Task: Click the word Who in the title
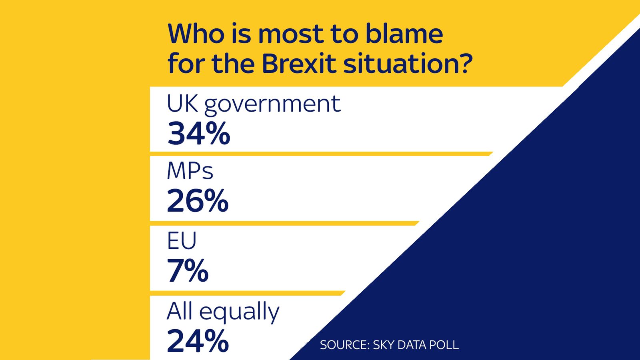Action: click(x=196, y=34)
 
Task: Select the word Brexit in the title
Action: click(x=299, y=64)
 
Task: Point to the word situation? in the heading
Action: click(x=408, y=64)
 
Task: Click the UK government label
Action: click(x=253, y=104)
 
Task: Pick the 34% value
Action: click(x=199, y=134)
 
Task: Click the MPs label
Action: click(x=190, y=171)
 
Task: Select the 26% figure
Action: click(x=198, y=201)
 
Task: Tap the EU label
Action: click(x=182, y=241)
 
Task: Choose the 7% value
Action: click(x=188, y=271)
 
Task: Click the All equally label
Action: click(x=223, y=312)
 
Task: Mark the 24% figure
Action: click(x=198, y=341)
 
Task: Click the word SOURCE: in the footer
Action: click(x=344, y=345)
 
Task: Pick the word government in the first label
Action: click(x=272, y=105)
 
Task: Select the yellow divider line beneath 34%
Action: click(x=320, y=154)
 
